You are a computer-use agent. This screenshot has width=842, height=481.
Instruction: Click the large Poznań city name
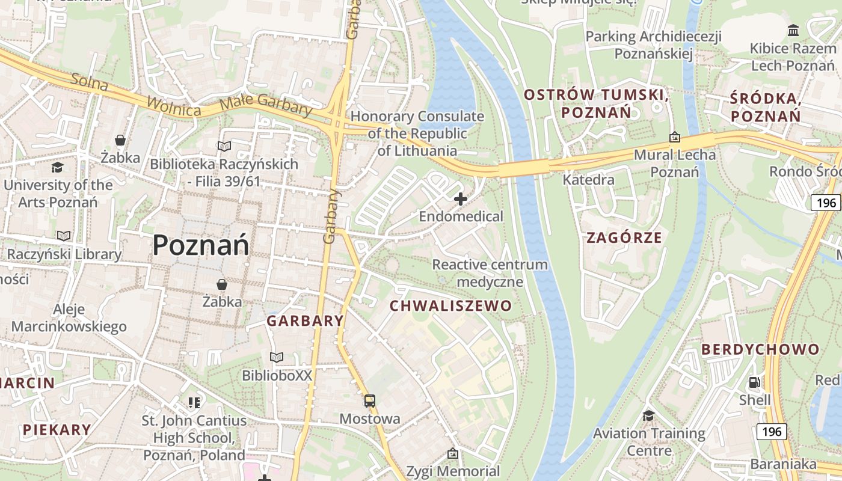[200, 245]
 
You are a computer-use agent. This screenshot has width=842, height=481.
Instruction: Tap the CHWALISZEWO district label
[450, 306]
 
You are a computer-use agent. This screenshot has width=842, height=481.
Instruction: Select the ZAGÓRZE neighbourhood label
[624, 237]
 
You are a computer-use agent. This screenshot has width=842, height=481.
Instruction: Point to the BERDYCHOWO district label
[760, 349]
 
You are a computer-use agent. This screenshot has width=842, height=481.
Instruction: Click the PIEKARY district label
[57, 430]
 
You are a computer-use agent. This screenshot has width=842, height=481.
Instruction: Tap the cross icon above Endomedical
[461, 198]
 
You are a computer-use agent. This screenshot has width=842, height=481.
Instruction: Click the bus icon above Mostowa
[370, 400]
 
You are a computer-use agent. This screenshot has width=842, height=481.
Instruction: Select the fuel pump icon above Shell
[754, 382]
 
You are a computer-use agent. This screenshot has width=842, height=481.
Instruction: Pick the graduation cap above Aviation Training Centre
[648, 415]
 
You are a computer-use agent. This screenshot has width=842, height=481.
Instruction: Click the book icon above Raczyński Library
[64, 236]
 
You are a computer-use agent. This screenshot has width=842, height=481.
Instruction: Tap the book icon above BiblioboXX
[277, 358]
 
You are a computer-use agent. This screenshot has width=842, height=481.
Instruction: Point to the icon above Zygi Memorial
[453, 453]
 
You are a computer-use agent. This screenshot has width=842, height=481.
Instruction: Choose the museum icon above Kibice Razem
[793, 30]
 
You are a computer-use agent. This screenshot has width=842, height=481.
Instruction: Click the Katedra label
[588, 180]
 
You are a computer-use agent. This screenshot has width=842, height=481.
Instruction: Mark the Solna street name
[89, 82]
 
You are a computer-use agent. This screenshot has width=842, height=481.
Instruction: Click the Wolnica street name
[173, 106]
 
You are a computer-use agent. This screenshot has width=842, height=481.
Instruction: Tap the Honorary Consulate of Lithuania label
[417, 133]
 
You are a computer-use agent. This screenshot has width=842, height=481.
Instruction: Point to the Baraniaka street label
[783, 464]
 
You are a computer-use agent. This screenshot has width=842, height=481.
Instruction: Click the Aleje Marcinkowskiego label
[69, 318]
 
